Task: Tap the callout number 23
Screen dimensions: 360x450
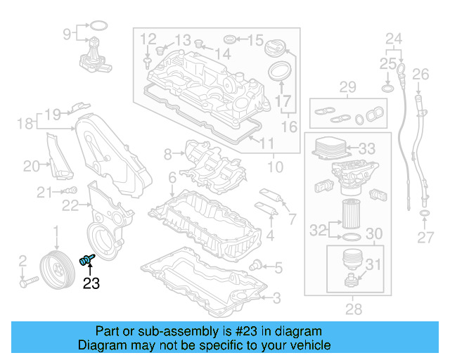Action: pos(91,283)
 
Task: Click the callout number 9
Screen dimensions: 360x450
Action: pos(68,33)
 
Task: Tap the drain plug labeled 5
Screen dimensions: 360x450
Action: pos(259,266)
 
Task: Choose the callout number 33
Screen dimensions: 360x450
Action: pos(367,149)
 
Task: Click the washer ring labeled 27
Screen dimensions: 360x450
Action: pos(425,214)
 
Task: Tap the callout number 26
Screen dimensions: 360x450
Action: pos(420,74)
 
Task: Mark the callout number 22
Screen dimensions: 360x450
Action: pos(70,205)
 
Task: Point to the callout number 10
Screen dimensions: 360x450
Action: pos(274,167)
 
